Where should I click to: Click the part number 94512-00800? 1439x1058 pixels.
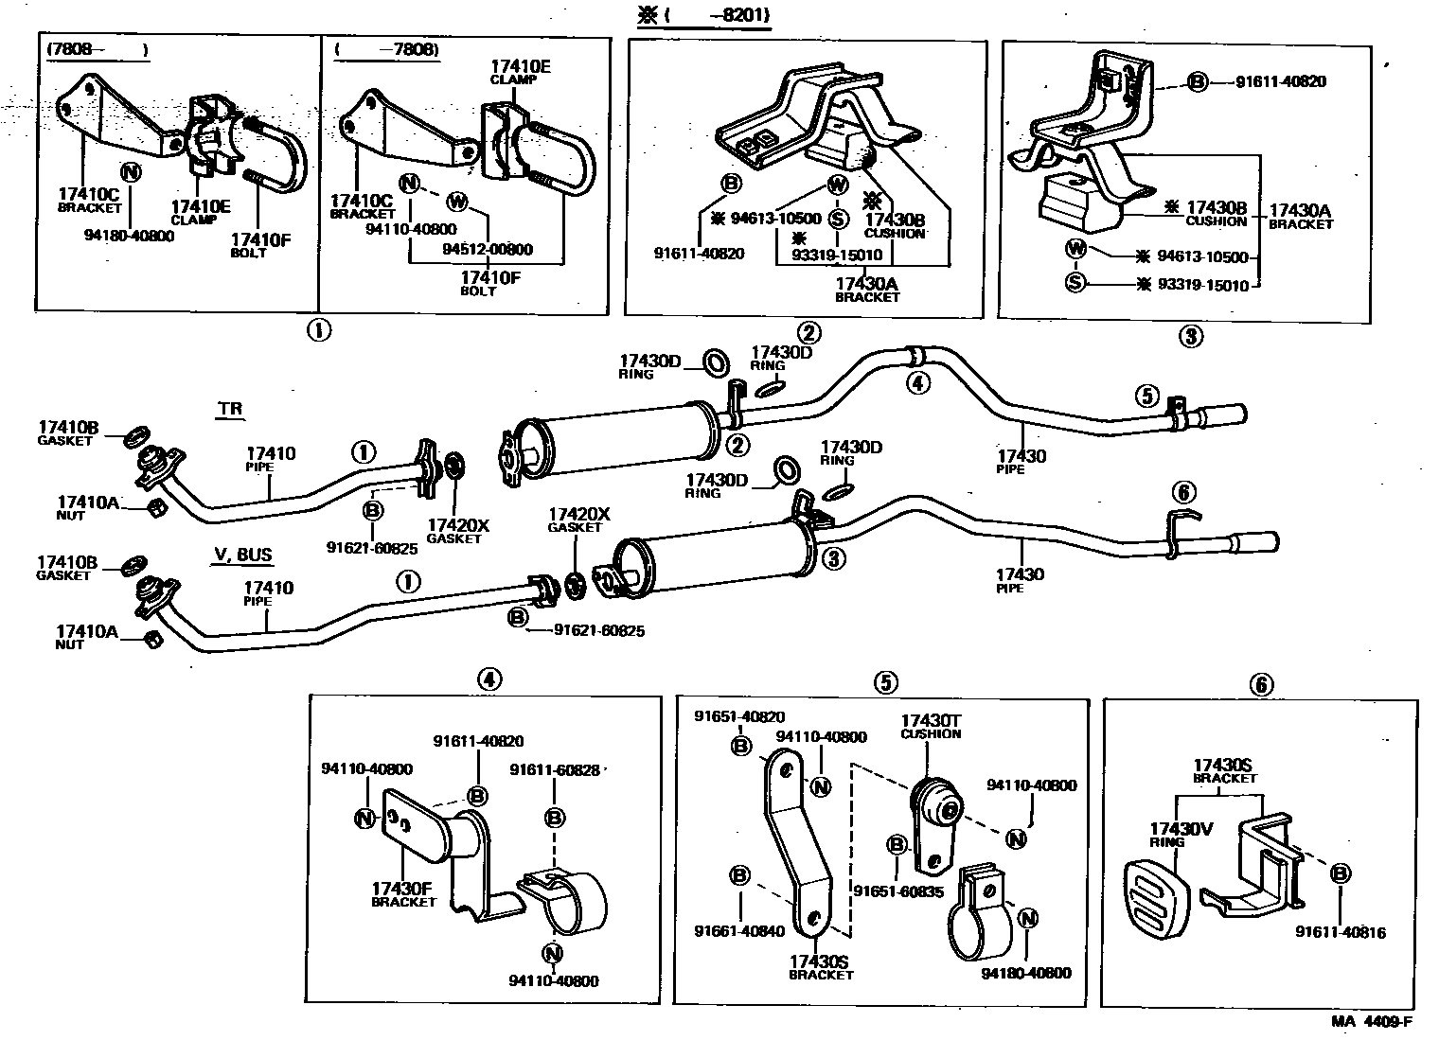pos(488,250)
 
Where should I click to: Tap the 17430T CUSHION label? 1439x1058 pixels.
pos(931,726)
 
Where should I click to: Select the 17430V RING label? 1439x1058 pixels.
pos(1181,835)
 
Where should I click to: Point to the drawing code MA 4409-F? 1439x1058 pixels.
pos(1372,1020)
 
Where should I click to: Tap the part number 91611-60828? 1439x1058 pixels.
pos(555,770)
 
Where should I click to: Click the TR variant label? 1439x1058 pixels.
pos(229,410)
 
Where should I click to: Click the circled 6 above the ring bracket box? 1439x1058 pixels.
pos(1261,685)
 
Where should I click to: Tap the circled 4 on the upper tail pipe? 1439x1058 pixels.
pos(916,382)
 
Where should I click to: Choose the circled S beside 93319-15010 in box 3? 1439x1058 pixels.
pos(1075,282)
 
